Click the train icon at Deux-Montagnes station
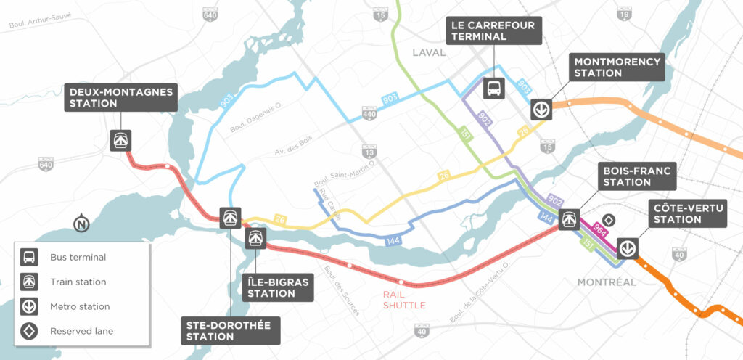click(x=120, y=140)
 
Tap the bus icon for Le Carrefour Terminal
click(x=493, y=89)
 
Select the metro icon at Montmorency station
click(x=541, y=109)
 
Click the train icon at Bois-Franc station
click(x=570, y=216)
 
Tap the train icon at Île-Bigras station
click(x=255, y=238)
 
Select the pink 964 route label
click(x=599, y=230)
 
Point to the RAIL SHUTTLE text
click(x=405, y=300)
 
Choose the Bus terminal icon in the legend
click(x=30, y=257)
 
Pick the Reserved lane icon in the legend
click(x=30, y=332)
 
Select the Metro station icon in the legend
click(x=30, y=306)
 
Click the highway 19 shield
click(x=623, y=13)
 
